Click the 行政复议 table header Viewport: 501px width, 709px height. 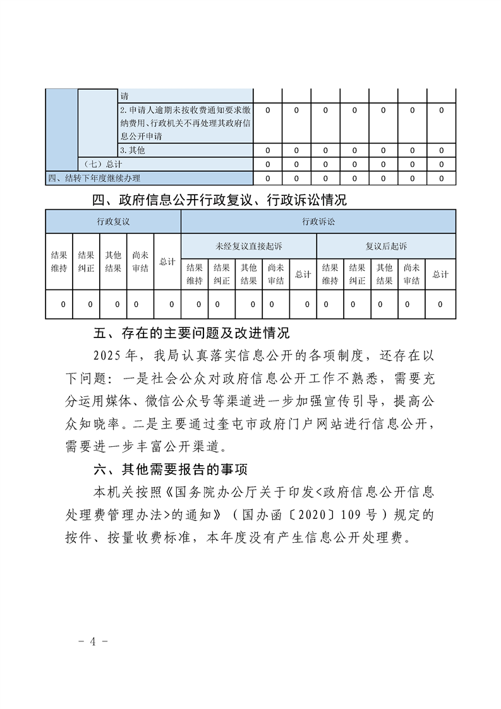(x=113, y=222)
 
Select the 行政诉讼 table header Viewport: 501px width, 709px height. (x=318, y=222)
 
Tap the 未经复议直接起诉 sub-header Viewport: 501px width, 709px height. (x=249, y=246)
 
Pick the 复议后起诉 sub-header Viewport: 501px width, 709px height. (x=385, y=246)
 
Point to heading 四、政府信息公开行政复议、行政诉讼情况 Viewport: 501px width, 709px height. (x=219, y=201)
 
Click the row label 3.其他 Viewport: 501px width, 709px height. (x=133, y=150)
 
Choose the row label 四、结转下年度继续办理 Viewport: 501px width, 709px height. (x=94, y=178)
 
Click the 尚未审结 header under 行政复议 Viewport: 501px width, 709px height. (x=140, y=262)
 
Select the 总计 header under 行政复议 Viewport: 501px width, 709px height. (x=167, y=262)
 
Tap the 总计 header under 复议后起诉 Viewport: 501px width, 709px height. (x=440, y=274)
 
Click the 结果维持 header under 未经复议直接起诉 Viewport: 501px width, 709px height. (x=195, y=274)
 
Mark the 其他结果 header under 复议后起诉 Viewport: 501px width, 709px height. (x=384, y=274)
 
